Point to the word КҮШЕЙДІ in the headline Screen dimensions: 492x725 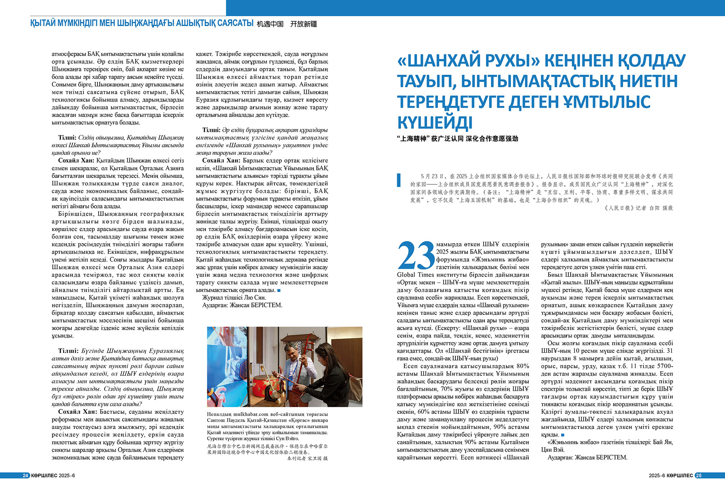point(435,123)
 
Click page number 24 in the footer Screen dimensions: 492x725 point(25,475)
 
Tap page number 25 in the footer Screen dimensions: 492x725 point(699,475)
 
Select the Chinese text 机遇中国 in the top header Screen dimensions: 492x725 point(270,24)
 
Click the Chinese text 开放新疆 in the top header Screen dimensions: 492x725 point(303,24)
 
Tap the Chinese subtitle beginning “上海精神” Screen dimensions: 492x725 point(457,139)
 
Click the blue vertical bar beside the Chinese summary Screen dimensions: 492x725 point(398,180)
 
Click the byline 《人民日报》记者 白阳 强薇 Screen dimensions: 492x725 point(638,208)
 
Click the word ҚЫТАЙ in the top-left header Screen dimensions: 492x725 point(43,23)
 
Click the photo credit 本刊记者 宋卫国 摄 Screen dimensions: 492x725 point(307,458)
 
